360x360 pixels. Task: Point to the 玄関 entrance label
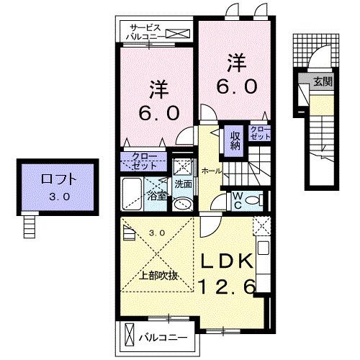pos(322,81)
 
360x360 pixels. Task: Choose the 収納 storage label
pos(235,138)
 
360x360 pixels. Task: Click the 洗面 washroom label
pos(183,184)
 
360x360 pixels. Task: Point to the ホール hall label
pos(212,171)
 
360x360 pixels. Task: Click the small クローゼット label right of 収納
pos(260,132)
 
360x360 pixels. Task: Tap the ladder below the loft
pos(29,227)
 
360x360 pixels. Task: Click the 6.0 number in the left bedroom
pos(164,113)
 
